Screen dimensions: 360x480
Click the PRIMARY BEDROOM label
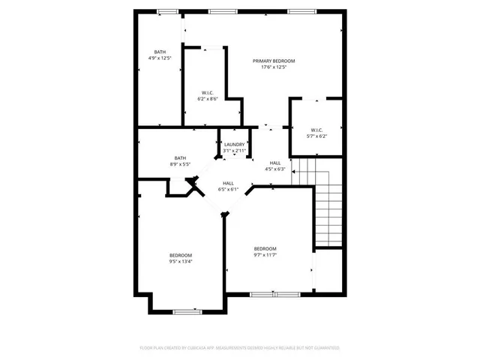point(274,61)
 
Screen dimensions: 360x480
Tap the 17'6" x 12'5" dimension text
point(274,67)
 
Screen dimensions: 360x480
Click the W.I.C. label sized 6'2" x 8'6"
point(208,93)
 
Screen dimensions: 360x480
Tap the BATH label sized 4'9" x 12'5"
point(160,51)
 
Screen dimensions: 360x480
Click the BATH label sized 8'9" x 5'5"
point(180,157)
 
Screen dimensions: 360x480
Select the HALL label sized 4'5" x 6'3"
point(275,163)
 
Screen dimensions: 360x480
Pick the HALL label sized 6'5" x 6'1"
point(228,183)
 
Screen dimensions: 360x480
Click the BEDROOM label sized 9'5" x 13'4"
point(180,255)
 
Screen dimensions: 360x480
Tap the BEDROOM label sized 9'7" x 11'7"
point(265,249)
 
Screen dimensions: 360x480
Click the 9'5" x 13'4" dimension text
point(180,262)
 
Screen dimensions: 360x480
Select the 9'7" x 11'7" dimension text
point(265,256)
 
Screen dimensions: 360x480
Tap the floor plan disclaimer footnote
point(240,348)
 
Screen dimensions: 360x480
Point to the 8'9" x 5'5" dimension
point(180,164)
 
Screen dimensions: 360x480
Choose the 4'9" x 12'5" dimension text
point(160,58)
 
